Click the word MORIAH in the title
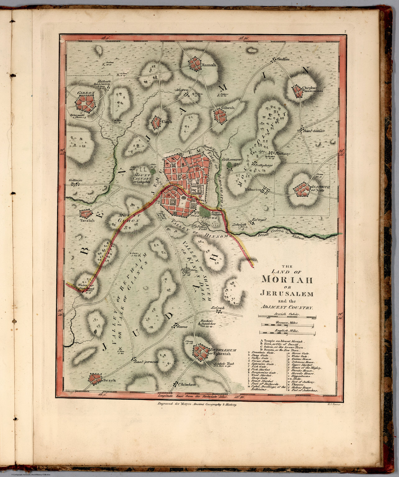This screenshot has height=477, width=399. (x=287, y=279)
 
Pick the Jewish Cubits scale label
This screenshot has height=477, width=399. (x=287, y=314)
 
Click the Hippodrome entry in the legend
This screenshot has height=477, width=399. (x=300, y=375)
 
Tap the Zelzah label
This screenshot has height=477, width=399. (x=218, y=308)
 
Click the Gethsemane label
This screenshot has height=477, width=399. (x=232, y=159)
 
